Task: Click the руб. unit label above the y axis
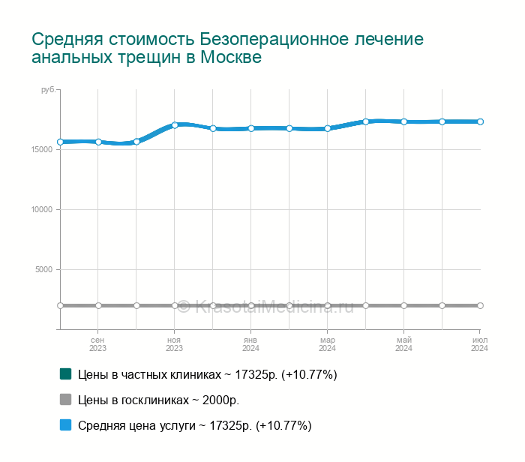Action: pyautogui.click(x=47, y=89)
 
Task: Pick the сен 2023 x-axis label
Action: pyautogui.click(x=98, y=343)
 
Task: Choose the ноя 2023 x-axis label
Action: pyautogui.click(x=175, y=343)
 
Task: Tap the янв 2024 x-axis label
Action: pyautogui.click(x=251, y=343)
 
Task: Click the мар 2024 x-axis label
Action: pyautogui.click(x=328, y=343)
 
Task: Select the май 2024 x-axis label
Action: pyautogui.click(x=404, y=343)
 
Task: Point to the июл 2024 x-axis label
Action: pyautogui.click(x=480, y=343)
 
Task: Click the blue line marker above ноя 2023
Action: pyautogui.click(x=175, y=125)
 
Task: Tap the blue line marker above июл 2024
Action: pyautogui.click(x=480, y=121)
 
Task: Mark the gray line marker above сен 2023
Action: pyautogui.click(x=98, y=305)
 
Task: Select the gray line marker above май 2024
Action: pyautogui.click(x=404, y=305)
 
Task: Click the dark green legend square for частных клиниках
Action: pyautogui.click(x=65, y=373)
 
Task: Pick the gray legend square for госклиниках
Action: pyautogui.click(x=65, y=399)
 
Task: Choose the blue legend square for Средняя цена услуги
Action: pyautogui.click(x=65, y=424)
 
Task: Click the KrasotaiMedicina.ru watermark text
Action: pyautogui.click(x=274, y=305)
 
